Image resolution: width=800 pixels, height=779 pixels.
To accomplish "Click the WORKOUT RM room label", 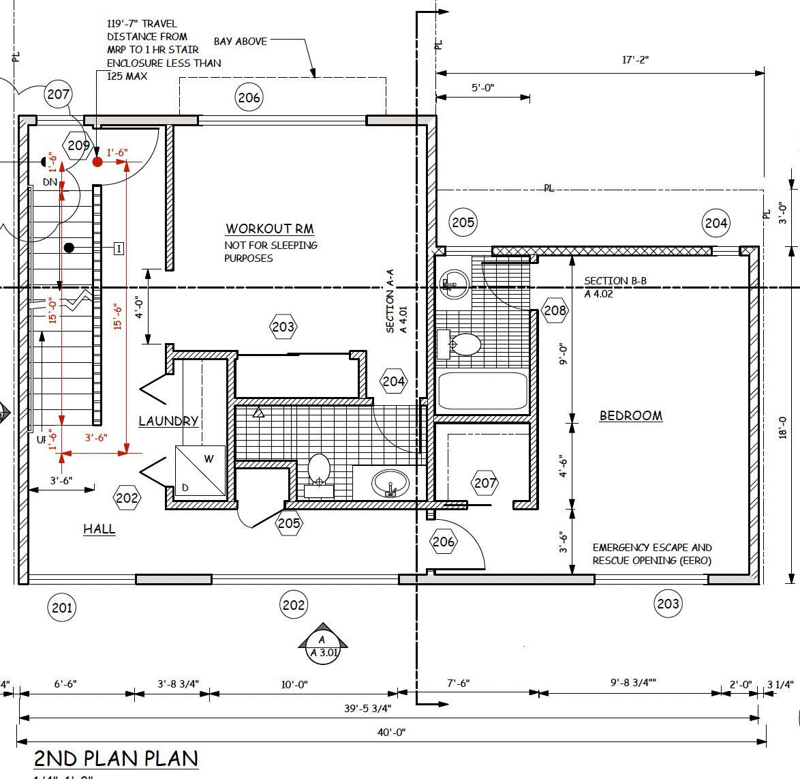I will pyautogui.click(x=270, y=229).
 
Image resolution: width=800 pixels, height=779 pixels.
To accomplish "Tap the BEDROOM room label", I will pyautogui.click(x=630, y=415).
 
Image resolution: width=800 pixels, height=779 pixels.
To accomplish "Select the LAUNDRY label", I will pyautogui.click(x=168, y=421).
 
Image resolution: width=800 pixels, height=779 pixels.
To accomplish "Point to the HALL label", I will pyautogui.click(x=99, y=529).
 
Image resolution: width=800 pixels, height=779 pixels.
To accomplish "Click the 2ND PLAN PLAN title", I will pyautogui.click(x=117, y=758).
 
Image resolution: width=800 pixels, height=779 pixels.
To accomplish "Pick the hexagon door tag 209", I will pyautogui.click(x=78, y=145).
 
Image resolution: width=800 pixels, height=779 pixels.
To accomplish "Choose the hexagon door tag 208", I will pyautogui.click(x=555, y=311).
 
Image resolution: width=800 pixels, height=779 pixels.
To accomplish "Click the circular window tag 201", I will pyautogui.click(x=62, y=607).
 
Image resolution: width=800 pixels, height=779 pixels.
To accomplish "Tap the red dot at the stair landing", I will pyautogui.click(x=97, y=162).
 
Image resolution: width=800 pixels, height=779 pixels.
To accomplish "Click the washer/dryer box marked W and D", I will pyautogui.click(x=200, y=471).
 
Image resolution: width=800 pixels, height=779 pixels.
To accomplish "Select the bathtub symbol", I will pyautogui.click(x=482, y=390).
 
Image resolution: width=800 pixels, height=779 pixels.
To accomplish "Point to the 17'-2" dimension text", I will pyautogui.click(x=635, y=60).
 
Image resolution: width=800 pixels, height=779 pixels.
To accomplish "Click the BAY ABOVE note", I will pyautogui.click(x=241, y=42).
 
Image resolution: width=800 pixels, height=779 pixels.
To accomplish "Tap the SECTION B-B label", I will pyautogui.click(x=615, y=281).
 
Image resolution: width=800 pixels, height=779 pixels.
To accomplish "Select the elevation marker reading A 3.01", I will pyautogui.click(x=323, y=645).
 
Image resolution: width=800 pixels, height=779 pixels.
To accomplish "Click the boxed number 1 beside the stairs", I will pyautogui.click(x=119, y=248).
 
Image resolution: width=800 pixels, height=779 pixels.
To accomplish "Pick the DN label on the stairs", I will pyautogui.click(x=50, y=182).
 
